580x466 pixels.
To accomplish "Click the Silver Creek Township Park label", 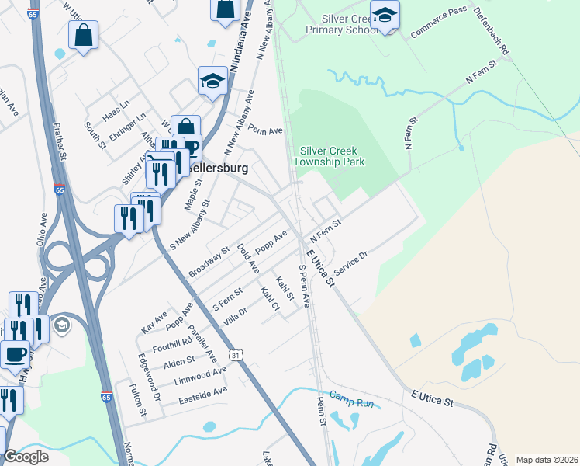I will [328, 156].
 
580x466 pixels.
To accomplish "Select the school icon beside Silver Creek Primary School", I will [385, 15].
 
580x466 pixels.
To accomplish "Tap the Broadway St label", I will [209, 261].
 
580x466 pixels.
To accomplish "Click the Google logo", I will [26, 457].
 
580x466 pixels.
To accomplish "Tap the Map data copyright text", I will [547, 460].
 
